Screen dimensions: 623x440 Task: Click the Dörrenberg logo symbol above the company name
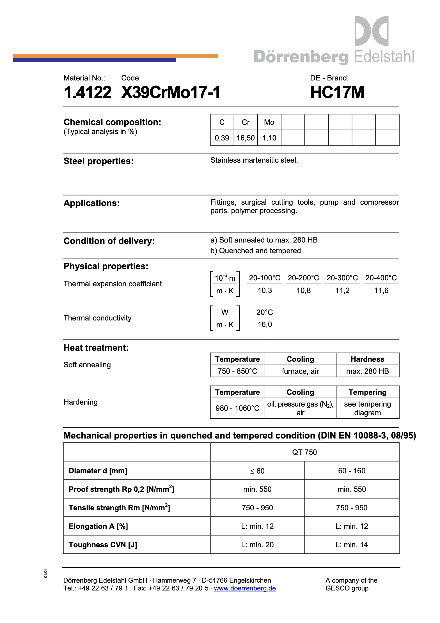coord(371,31)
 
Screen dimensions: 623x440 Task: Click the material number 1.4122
coord(88,93)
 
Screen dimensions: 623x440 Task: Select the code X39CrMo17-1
coord(171,93)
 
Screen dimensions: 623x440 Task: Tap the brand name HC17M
coord(337,93)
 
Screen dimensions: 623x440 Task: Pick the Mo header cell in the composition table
coord(269,122)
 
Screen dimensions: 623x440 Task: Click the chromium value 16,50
coord(246,138)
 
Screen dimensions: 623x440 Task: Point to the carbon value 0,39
coord(222,138)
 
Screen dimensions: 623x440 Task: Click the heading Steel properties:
coord(98,161)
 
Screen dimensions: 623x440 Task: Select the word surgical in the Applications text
coord(254,202)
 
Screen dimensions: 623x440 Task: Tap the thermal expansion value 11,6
coord(381,290)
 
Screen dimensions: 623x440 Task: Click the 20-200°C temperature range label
coord(303,278)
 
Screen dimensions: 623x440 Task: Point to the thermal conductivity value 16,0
coord(265,324)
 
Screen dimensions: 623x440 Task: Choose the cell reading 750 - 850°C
coord(237,371)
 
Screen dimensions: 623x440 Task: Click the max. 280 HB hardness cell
coord(367,371)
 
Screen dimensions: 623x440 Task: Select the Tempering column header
coord(367,392)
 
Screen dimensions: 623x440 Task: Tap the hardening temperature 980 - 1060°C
coord(237,408)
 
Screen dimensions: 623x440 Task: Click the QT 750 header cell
coord(304,452)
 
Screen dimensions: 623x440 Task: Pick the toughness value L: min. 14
coord(352,545)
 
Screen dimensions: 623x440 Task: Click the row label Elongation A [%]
coord(98,526)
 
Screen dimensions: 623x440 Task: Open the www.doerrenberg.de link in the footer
coord(245,588)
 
